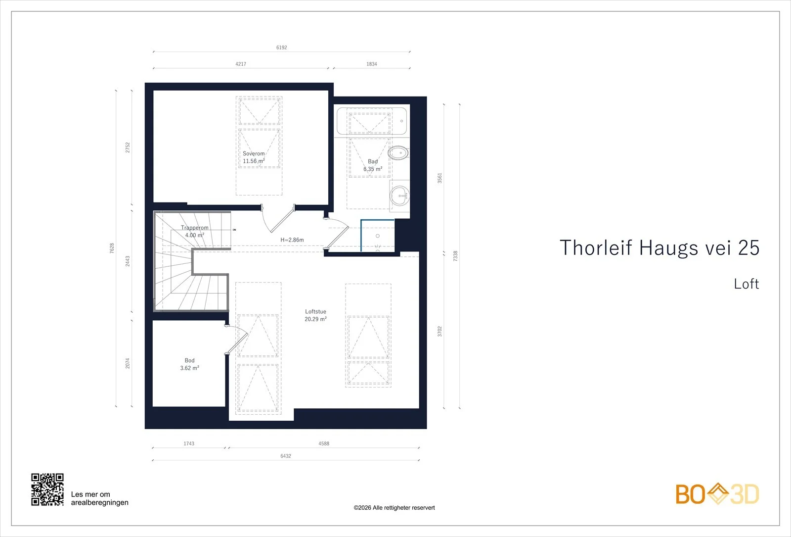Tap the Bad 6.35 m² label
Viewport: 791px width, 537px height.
(x=373, y=165)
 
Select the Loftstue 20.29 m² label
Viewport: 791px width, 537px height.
(x=316, y=315)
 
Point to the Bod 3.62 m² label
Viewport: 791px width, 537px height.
(x=190, y=364)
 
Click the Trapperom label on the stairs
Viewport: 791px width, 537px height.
(x=195, y=228)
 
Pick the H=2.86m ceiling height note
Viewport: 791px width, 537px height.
(x=292, y=240)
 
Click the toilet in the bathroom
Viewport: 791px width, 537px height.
(x=398, y=153)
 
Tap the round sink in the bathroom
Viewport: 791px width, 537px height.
(x=399, y=195)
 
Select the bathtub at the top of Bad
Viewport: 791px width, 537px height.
(x=372, y=121)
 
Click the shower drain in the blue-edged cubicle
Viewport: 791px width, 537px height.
(x=378, y=236)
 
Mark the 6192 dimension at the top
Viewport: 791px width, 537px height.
(x=281, y=48)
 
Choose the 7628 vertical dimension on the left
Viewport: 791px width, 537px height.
(x=112, y=248)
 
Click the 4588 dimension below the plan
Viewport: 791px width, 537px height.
(x=324, y=443)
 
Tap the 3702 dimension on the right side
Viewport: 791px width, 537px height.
(x=439, y=331)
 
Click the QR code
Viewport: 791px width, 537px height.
(x=47, y=489)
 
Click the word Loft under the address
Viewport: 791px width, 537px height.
(x=746, y=284)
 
